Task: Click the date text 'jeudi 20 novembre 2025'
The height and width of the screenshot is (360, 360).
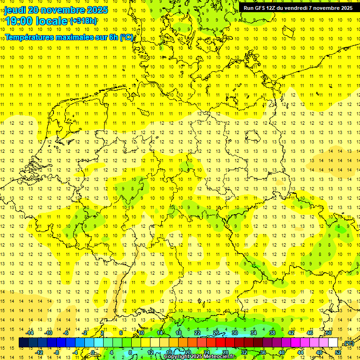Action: pyautogui.click(x=56, y=10)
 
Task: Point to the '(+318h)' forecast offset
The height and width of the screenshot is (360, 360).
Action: pyautogui.click(x=83, y=21)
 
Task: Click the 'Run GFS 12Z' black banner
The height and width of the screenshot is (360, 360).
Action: pyautogui.click(x=298, y=7)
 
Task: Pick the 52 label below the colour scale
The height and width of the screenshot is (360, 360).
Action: pyautogui.click(x=338, y=352)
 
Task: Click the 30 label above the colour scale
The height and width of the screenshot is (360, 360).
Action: pyautogui.click(x=235, y=333)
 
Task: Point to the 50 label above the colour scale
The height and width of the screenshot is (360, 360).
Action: pyautogui.click(x=329, y=333)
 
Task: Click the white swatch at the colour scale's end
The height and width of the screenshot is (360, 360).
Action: pyautogui.click(x=333, y=343)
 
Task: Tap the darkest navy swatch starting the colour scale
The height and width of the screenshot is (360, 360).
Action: pyautogui.click(x=23, y=343)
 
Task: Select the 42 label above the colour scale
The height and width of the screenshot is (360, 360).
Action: pyautogui.click(x=291, y=333)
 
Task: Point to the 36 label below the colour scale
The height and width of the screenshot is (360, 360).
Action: pyautogui.click(x=263, y=352)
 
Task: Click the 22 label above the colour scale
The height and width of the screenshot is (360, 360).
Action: pyautogui.click(x=197, y=333)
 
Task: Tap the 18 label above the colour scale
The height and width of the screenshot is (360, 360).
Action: pyautogui.click(x=179, y=333)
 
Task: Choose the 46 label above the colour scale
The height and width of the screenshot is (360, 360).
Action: pyautogui.click(x=310, y=333)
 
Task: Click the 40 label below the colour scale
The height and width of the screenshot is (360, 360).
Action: pyautogui.click(x=282, y=352)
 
